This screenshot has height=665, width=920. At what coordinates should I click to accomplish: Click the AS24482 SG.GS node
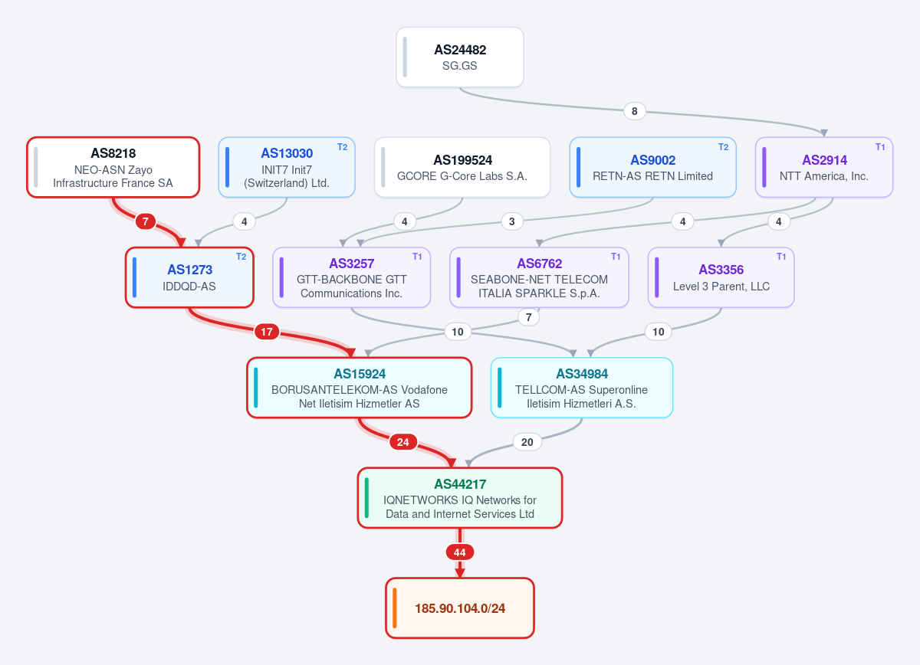(459, 57)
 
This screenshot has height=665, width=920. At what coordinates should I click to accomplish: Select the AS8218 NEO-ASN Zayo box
(113, 168)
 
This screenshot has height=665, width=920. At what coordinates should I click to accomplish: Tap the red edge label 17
(267, 332)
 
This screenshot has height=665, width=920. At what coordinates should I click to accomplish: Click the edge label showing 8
(635, 111)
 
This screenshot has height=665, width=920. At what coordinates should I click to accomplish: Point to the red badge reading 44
(459, 552)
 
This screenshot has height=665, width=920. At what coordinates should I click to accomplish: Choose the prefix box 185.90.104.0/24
(459, 608)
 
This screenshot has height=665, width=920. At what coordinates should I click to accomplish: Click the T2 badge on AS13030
(342, 147)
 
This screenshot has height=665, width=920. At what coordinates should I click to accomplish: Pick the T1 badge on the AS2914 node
(880, 147)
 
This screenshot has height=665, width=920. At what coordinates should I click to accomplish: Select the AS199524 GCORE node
(462, 168)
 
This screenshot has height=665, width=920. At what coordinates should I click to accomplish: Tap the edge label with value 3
(512, 221)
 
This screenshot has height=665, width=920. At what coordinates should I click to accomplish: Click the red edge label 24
(403, 442)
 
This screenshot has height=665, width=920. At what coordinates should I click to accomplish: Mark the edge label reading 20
(527, 442)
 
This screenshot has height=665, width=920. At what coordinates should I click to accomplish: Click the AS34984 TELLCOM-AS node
(582, 388)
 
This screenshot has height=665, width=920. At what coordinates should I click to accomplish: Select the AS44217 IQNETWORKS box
(459, 498)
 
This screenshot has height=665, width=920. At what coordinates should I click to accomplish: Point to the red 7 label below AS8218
(145, 221)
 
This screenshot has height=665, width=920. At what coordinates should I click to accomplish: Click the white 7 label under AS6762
(528, 317)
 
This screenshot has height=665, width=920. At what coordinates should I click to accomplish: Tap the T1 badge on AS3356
(780, 257)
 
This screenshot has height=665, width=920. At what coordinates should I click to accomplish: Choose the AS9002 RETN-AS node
(652, 168)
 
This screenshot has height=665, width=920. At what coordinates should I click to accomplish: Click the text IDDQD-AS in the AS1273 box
(189, 286)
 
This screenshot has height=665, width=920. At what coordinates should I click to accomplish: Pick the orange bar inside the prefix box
(394, 608)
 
